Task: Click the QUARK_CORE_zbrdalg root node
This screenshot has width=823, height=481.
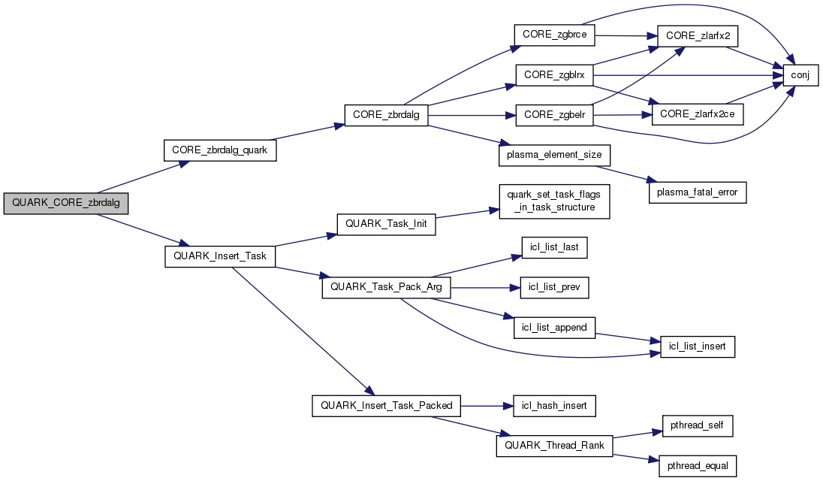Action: [65, 204]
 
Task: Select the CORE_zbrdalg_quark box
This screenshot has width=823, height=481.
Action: [220, 150]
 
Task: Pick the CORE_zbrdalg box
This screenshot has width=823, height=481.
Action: [386, 115]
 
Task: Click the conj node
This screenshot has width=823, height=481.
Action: [800, 75]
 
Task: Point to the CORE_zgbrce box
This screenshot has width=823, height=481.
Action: [554, 35]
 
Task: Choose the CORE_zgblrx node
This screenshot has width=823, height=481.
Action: [554, 75]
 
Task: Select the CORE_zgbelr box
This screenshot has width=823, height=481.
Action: [554, 115]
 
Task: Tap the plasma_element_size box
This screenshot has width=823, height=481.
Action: [554, 156]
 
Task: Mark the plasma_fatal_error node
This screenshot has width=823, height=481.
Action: [698, 192]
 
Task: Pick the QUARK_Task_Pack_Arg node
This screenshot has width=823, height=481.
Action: [386, 288]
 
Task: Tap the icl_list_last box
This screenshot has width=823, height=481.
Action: [554, 247]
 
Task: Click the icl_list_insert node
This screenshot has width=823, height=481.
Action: [698, 346]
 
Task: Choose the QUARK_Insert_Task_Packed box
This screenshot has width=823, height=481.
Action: [386, 406]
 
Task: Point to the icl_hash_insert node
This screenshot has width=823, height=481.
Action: [554, 406]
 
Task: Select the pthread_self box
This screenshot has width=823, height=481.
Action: [698, 426]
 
